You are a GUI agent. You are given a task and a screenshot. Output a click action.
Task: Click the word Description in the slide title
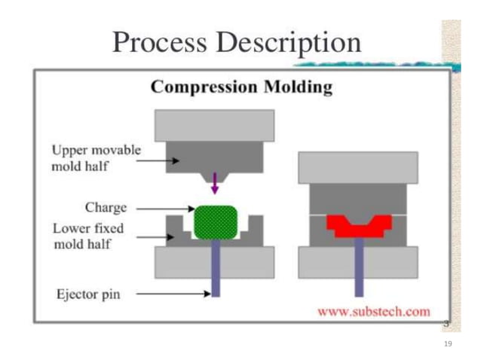point(290,44)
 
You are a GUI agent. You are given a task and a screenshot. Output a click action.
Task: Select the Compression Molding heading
point(241,87)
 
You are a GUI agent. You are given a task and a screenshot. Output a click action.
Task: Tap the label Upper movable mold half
point(96,157)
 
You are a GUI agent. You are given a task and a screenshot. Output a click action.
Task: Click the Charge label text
point(106,207)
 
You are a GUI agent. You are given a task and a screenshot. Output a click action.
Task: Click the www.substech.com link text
point(373,310)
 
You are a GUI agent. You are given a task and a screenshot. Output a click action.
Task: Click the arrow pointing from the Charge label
point(166,209)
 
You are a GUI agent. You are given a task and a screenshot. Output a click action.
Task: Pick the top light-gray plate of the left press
point(215,125)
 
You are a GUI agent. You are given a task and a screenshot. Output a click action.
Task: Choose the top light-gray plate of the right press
point(358,167)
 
